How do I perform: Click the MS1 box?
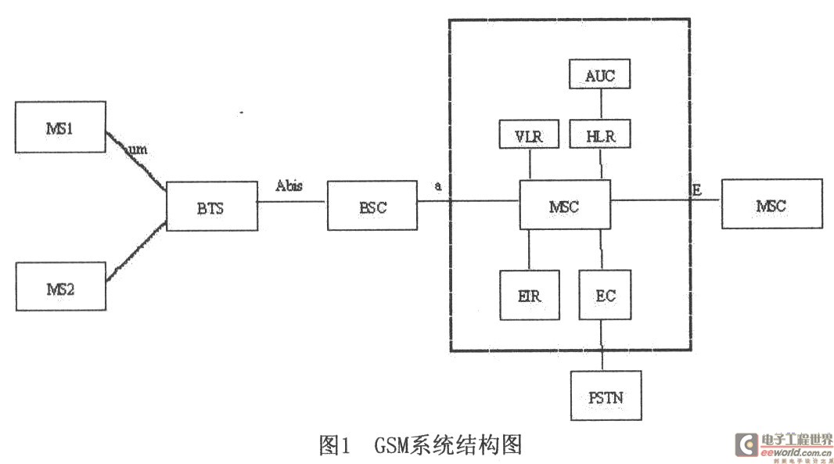point(60,126)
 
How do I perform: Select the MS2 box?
point(60,286)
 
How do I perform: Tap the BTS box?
point(212,206)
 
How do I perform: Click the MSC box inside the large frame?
point(565,204)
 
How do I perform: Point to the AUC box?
point(599,75)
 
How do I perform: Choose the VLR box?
point(530,135)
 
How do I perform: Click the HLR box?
point(599,135)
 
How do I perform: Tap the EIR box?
point(530,295)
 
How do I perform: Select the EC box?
point(605,295)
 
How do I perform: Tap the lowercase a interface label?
point(438,186)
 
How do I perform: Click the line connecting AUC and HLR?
point(599,104)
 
